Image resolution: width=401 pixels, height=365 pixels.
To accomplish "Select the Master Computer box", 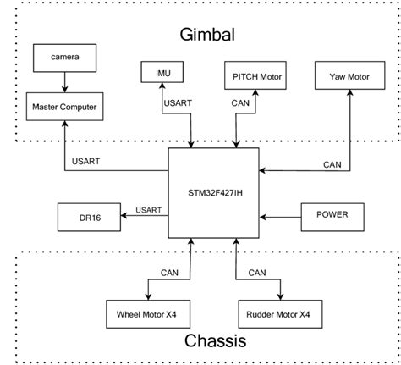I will coord(64,107).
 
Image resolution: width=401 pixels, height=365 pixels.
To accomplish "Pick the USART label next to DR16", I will coord(148,209).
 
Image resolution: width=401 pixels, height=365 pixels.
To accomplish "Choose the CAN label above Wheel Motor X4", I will coord(169,273).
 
